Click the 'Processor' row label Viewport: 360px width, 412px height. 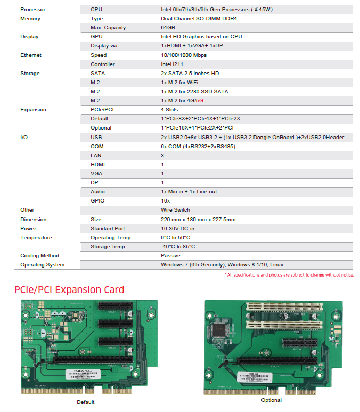[x=32, y=10]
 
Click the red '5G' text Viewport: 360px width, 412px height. [x=200, y=101]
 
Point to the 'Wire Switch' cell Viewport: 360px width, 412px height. [x=175, y=210]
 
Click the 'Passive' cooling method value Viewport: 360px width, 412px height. [x=171, y=256]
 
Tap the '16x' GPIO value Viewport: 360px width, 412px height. [x=166, y=201]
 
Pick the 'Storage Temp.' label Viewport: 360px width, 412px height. [x=108, y=247]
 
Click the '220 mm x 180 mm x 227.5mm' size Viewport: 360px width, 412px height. [x=198, y=219]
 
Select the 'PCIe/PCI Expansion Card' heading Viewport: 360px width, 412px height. [x=69, y=290]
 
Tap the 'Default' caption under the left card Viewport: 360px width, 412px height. [x=85, y=402]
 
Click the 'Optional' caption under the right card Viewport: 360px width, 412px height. [x=272, y=400]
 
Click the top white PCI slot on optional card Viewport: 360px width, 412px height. [x=284, y=306]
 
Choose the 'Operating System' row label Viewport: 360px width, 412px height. [x=42, y=265]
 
